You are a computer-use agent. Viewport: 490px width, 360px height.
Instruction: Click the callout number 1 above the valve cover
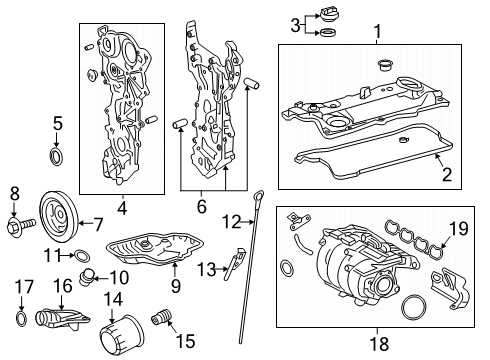[377, 33]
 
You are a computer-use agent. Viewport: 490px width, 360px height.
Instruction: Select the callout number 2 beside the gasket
[447, 175]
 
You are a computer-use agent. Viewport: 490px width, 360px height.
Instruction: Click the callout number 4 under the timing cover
[122, 209]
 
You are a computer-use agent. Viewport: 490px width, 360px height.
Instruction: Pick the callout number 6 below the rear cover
[202, 207]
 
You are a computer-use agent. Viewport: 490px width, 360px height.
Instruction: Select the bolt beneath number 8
[17, 225]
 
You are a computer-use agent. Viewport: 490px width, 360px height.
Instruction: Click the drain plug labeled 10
[90, 276]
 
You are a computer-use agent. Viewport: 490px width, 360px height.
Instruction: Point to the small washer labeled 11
[79, 254]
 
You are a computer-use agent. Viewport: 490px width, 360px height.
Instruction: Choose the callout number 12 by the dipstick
[231, 221]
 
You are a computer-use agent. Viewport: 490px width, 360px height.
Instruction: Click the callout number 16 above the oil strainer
[61, 286]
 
